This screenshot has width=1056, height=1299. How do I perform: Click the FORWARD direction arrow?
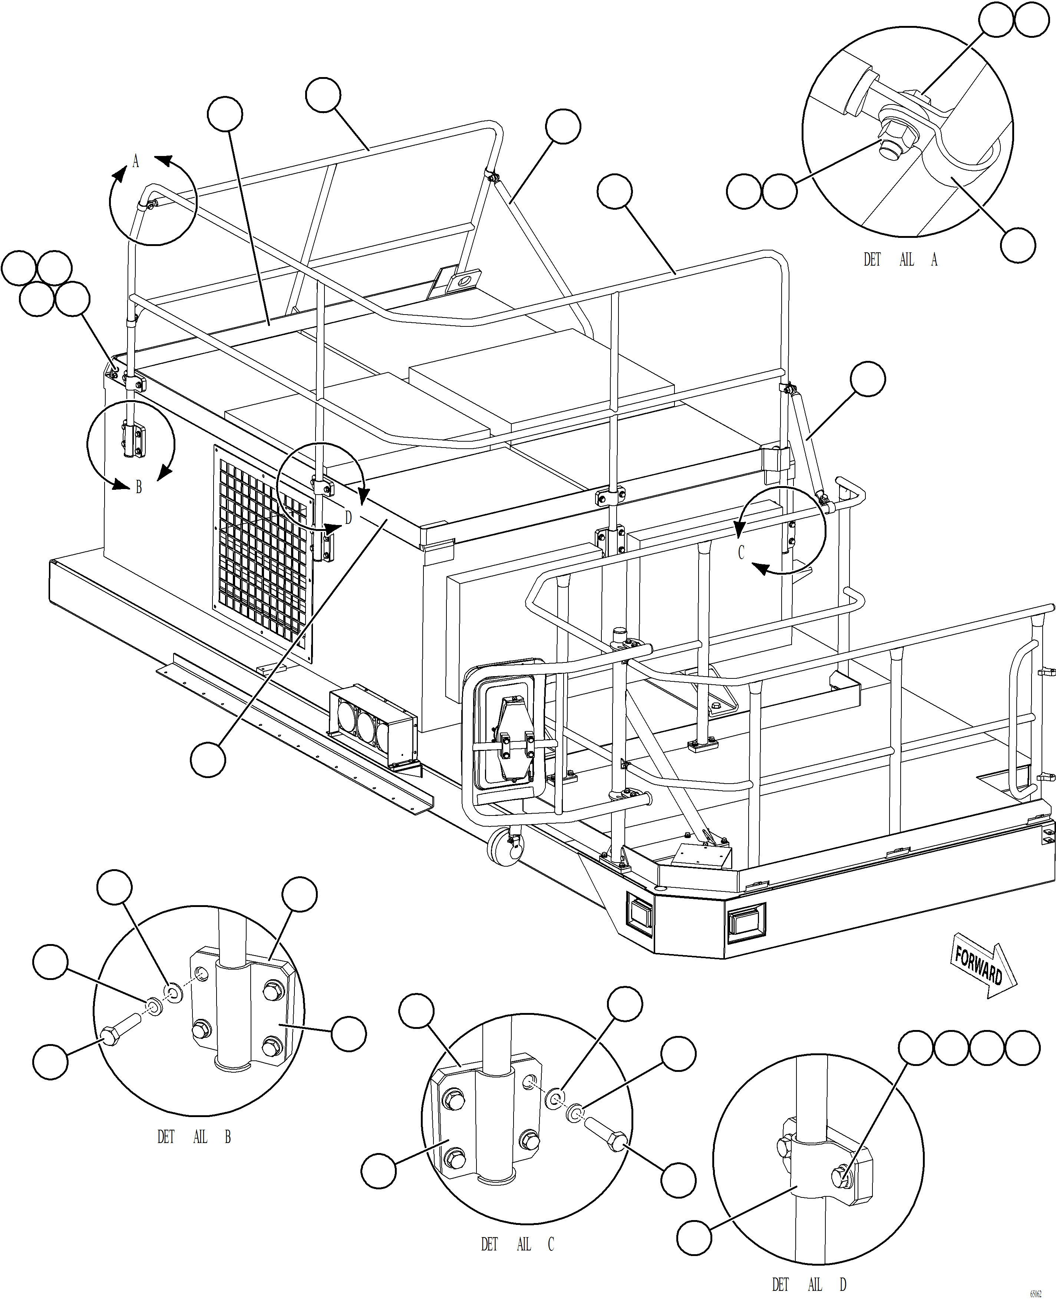[x=982, y=965]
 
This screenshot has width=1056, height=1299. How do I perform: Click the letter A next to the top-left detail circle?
[x=136, y=161]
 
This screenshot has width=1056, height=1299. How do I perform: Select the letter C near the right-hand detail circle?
[x=740, y=552]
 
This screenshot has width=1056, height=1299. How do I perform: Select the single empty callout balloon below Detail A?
[x=1018, y=245]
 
